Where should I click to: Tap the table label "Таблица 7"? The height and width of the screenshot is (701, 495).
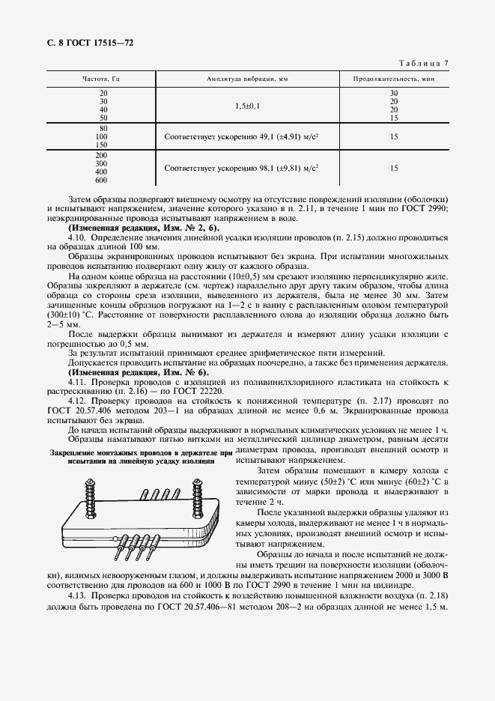[x=423, y=64]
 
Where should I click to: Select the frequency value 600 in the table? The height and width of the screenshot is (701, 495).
[x=102, y=180]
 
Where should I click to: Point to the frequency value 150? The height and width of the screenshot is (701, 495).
[x=102, y=145]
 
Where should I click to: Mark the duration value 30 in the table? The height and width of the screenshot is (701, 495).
[x=394, y=92]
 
